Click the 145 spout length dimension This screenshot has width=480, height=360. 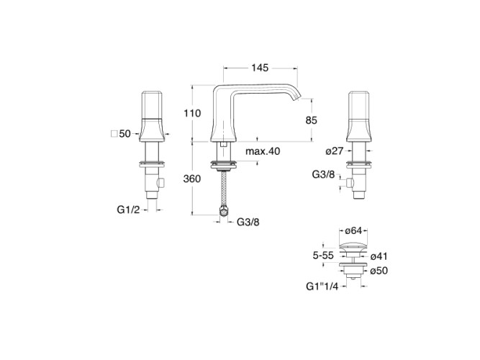[x=260, y=68]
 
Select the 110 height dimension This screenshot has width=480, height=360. [x=192, y=113]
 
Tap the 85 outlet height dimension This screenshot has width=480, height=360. [x=312, y=120]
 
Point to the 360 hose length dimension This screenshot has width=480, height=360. [x=192, y=179]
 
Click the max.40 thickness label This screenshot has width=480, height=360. [x=263, y=151]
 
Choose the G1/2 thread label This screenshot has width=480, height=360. [x=128, y=210]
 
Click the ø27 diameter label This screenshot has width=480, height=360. [x=335, y=150]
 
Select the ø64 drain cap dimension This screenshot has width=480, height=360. [x=353, y=231]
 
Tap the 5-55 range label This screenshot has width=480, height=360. [x=323, y=256]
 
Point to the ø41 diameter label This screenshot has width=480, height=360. [x=379, y=256]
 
